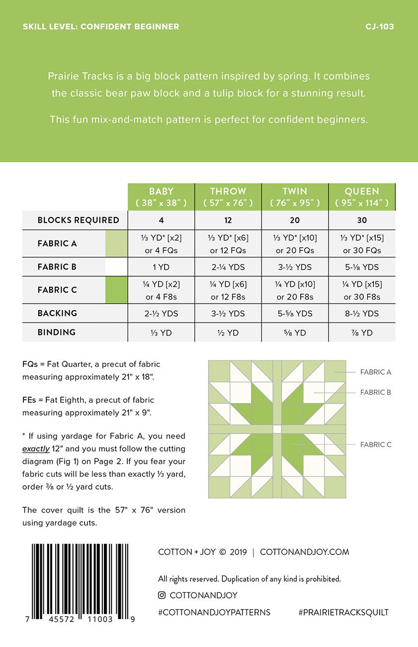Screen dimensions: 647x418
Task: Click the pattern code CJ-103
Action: tap(379, 27)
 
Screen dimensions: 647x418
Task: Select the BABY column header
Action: tap(161, 197)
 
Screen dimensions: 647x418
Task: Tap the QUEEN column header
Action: tap(362, 197)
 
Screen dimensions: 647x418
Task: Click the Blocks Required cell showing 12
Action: tap(228, 220)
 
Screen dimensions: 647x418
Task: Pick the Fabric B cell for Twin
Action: tap(295, 267)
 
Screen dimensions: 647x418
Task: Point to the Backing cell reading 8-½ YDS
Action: tap(361, 314)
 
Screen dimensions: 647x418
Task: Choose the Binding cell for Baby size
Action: tap(161, 332)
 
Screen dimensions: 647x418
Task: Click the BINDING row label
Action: tap(57, 332)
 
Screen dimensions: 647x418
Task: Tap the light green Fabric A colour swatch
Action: tap(116, 243)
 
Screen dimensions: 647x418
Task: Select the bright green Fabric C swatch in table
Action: tap(116, 290)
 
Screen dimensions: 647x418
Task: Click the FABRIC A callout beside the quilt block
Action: tap(375, 372)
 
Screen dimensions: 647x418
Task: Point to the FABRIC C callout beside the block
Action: tap(375, 444)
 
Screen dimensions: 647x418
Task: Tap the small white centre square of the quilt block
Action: tap(277, 429)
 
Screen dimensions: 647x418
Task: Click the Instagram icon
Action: tap(162, 595)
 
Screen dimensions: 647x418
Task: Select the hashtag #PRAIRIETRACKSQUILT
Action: tap(343, 612)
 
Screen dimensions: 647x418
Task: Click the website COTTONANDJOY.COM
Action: tap(304, 552)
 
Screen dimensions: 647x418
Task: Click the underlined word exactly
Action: tap(36, 448)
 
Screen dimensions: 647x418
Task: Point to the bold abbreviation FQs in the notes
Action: tap(30, 364)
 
